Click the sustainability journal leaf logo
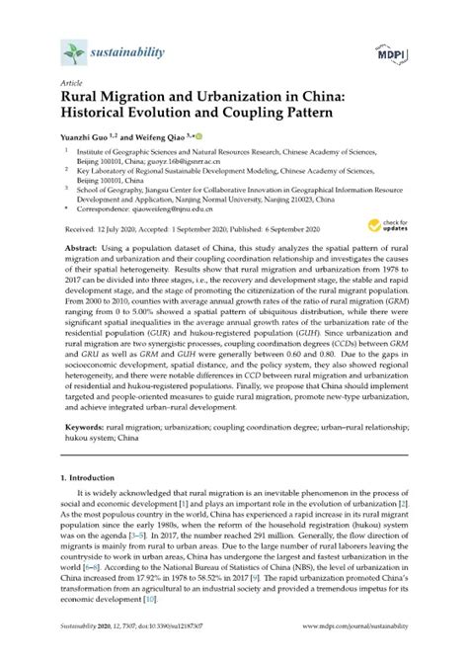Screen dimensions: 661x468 coord(72,50)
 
